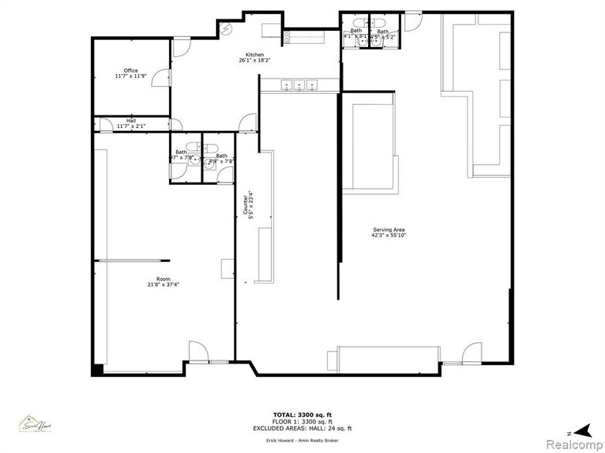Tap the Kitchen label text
click(x=255, y=56)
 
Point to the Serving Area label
click(x=388, y=233)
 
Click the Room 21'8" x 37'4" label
click(x=163, y=282)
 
